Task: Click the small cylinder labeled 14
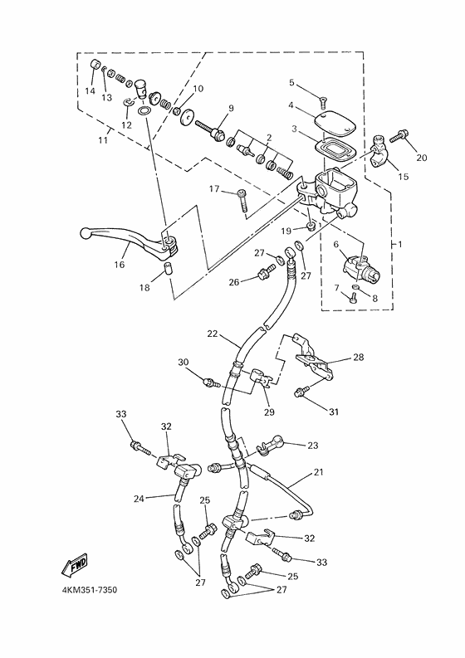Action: click(94, 66)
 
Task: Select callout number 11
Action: click(104, 140)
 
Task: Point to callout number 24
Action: click(138, 499)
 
